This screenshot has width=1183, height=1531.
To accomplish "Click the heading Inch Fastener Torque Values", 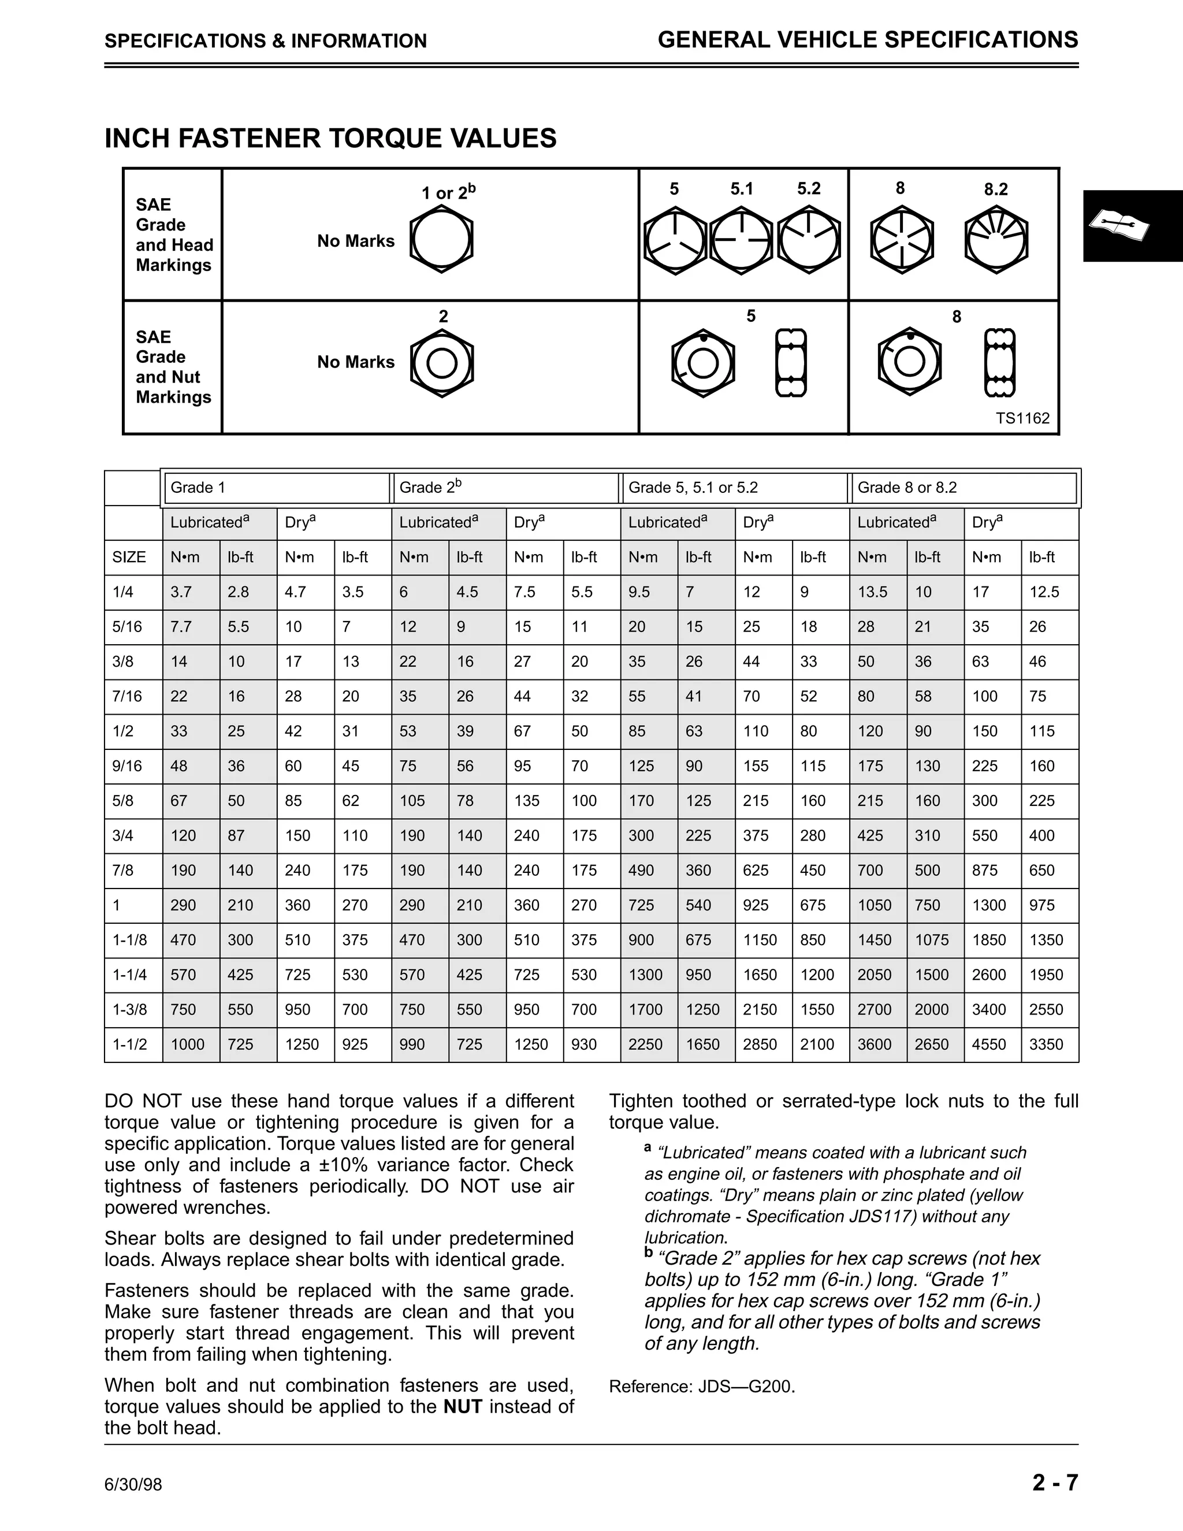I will (330, 138).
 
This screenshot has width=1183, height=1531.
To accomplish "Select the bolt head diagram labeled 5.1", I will (741, 240).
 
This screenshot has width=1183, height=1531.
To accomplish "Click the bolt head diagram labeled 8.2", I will (996, 241).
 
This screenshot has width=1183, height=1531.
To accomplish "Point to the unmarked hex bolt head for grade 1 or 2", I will (441, 240).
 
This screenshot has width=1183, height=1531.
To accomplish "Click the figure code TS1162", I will (1022, 418).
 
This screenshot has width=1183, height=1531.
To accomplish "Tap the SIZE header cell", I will (129, 558).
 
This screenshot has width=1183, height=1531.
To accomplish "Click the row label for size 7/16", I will (128, 696).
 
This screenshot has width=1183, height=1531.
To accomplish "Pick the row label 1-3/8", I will (131, 1009).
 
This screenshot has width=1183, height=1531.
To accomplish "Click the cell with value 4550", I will (989, 1045).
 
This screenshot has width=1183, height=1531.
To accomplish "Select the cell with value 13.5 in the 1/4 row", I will (873, 592).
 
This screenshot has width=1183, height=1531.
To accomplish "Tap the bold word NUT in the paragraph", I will (463, 1406).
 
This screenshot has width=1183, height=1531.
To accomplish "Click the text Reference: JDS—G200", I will (701, 1387).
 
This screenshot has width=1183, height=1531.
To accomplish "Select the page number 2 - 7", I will (1054, 1483).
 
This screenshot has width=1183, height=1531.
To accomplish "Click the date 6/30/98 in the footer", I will (133, 1485).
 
